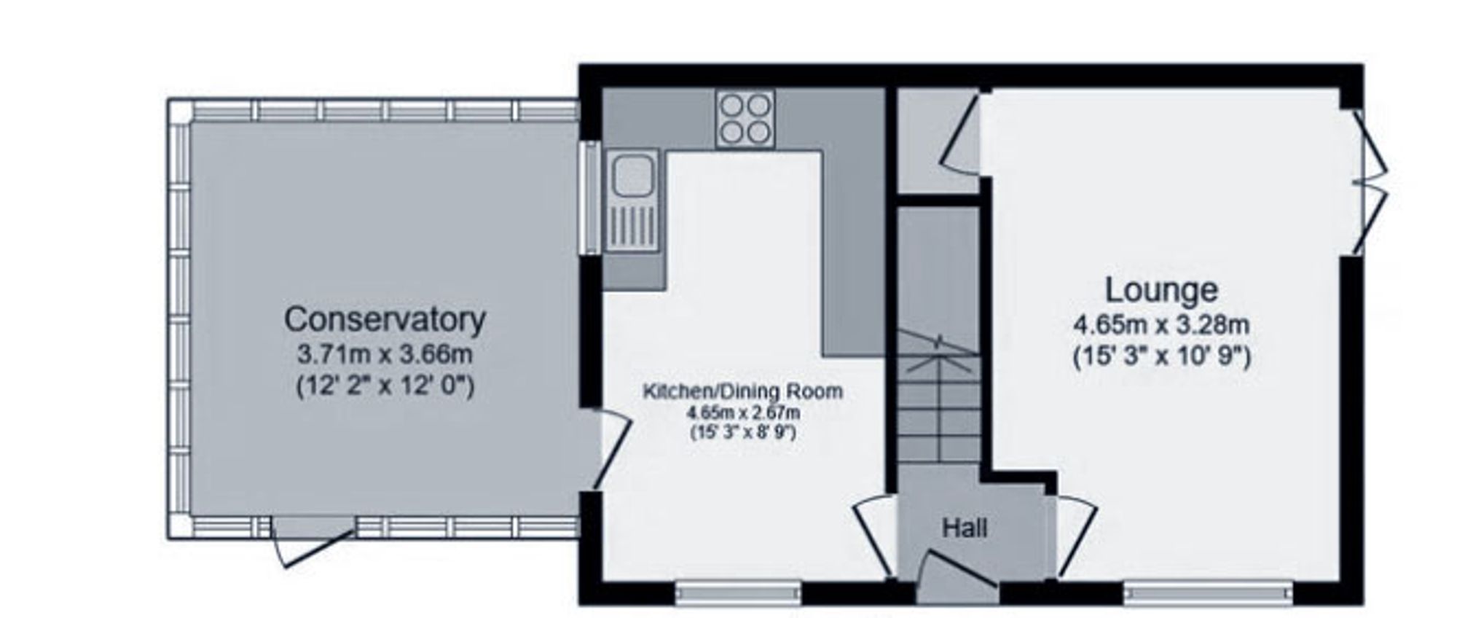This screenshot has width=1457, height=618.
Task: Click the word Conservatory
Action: click(385, 320)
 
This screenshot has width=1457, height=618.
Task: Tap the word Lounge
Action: click(1161, 290)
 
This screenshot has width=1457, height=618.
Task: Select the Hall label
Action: click(965, 528)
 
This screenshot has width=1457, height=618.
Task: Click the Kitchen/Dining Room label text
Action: click(742, 391)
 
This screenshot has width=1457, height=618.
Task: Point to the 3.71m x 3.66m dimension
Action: click(385, 355)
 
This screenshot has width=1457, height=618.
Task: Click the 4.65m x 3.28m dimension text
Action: click(1161, 324)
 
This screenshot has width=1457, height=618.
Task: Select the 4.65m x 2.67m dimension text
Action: click(742, 412)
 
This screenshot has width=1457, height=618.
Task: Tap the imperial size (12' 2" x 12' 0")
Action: click(385, 386)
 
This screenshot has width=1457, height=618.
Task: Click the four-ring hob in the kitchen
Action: click(745, 119)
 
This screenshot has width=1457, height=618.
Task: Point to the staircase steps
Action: click(938, 408)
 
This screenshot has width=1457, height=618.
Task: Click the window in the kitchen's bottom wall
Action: click(738, 592)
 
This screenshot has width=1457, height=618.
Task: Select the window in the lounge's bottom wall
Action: click(1207, 592)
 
